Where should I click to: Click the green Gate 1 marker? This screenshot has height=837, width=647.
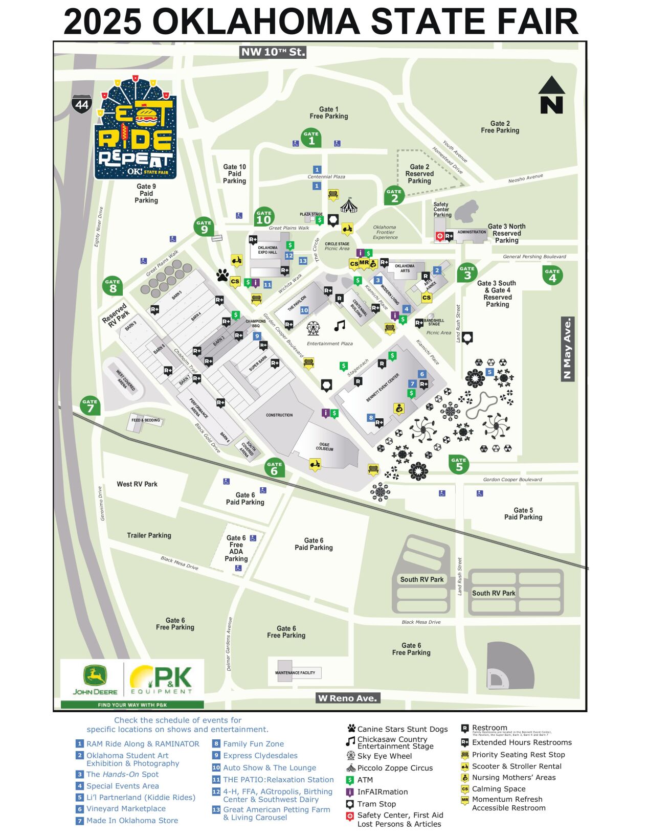point(311,138)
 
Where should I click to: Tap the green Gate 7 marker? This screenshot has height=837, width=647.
point(90,405)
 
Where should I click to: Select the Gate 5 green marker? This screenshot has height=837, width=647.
point(459,464)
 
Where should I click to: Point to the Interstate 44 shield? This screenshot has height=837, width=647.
point(82,105)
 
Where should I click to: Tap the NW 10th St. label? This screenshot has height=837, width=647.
point(273,52)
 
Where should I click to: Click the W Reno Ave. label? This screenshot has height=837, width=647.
point(348,698)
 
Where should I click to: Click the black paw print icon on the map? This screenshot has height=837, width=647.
point(222,276)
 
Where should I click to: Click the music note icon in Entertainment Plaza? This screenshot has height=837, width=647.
point(339,326)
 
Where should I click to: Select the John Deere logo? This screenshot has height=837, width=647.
point(95,680)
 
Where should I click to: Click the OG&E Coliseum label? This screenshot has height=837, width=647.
point(324,447)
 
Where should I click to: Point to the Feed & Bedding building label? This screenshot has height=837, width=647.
point(146,420)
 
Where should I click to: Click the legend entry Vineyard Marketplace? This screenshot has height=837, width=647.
point(126,808)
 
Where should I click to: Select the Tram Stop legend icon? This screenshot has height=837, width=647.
point(350,804)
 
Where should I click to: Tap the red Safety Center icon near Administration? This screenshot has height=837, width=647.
point(438,236)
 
